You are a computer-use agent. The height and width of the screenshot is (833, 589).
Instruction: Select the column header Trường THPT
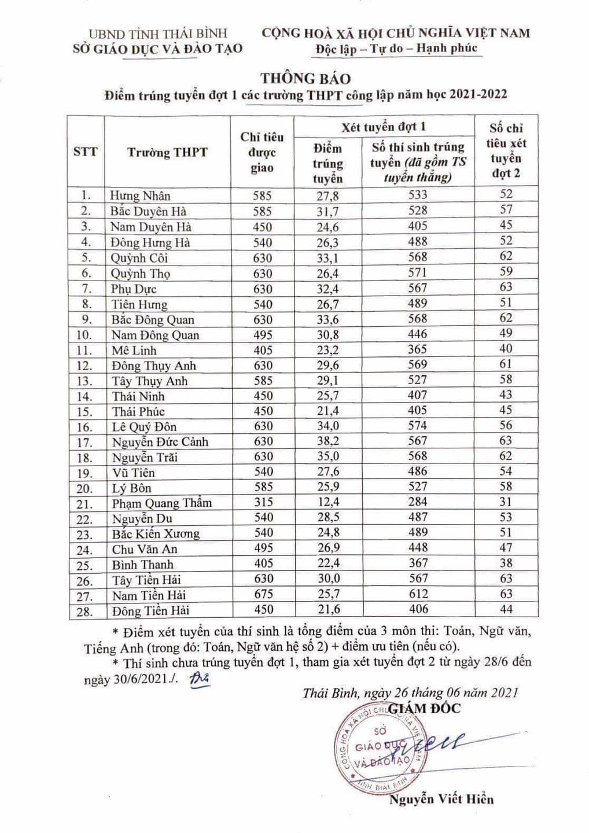(x=167, y=153)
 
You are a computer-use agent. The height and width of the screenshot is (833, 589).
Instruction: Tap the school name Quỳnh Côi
(x=139, y=258)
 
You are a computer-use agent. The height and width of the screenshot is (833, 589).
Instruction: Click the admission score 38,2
(x=327, y=441)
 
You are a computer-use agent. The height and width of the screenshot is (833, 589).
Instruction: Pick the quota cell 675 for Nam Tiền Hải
(x=262, y=594)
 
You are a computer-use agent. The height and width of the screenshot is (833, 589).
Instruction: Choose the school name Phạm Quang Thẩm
(x=162, y=503)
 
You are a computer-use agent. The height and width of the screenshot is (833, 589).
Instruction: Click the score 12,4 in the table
(x=327, y=502)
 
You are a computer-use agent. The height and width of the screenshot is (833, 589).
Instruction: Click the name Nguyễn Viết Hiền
(x=441, y=799)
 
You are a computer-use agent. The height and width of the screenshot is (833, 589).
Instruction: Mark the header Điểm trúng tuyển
(x=327, y=164)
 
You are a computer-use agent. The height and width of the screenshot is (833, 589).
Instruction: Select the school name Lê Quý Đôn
(x=144, y=427)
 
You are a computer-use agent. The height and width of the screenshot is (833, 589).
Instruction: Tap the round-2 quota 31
(x=506, y=502)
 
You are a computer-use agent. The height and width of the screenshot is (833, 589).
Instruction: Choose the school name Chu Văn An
(x=145, y=549)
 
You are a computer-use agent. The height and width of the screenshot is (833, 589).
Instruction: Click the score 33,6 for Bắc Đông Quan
(x=327, y=319)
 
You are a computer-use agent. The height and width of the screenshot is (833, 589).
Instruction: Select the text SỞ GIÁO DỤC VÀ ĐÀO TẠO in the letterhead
(x=158, y=49)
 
